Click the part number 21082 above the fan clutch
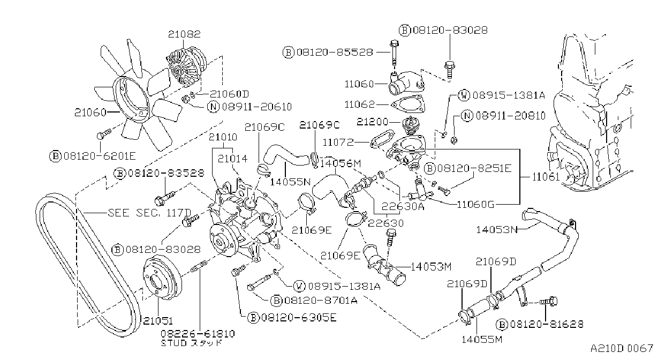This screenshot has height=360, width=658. [184, 34]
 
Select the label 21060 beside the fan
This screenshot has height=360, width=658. [90, 112]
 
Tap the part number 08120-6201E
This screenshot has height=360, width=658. [100, 156]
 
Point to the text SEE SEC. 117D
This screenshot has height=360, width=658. [149, 213]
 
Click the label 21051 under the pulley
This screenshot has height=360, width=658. [158, 320]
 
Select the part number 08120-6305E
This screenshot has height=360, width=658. [299, 317]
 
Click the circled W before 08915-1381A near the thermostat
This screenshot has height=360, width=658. [464, 95]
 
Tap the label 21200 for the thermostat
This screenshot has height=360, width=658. [372, 122]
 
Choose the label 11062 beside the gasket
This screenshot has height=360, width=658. [360, 104]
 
